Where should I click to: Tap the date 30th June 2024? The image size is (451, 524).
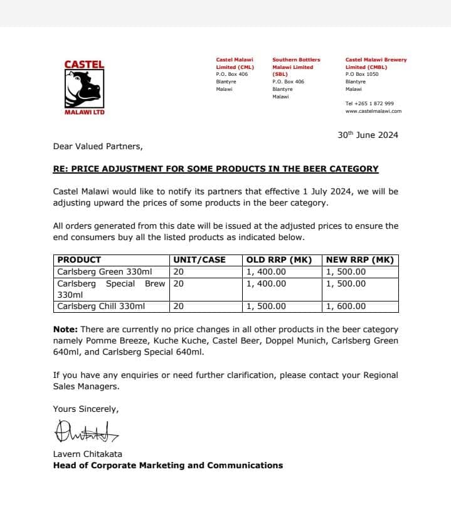pyautogui.click(x=368, y=135)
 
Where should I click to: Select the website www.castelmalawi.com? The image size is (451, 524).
pyautogui.click(x=373, y=111)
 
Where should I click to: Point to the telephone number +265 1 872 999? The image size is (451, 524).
pyautogui.click(x=369, y=103)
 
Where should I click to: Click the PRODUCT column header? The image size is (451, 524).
pyautogui.click(x=79, y=259)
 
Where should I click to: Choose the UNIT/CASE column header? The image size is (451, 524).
pyautogui.click(x=199, y=259)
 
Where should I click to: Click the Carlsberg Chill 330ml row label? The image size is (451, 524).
pyautogui.click(x=101, y=307)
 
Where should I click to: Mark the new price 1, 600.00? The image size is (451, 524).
pyautogui.click(x=346, y=307)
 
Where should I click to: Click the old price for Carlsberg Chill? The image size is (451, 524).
pyautogui.click(x=266, y=307)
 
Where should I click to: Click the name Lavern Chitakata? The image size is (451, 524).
pyautogui.click(x=87, y=454)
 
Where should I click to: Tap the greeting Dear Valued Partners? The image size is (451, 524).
pyautogui.click(x=98, y=147)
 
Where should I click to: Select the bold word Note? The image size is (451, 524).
pyautogui.click(x=65, y=329)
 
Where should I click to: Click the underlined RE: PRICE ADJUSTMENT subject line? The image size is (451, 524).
pyautogui.click(x=216, y=169)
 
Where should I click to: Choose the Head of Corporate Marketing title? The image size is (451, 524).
pyautogui.click(x=167, y=465)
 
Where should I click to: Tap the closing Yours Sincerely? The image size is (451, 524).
pyautogui.click(x=85, y=409)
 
